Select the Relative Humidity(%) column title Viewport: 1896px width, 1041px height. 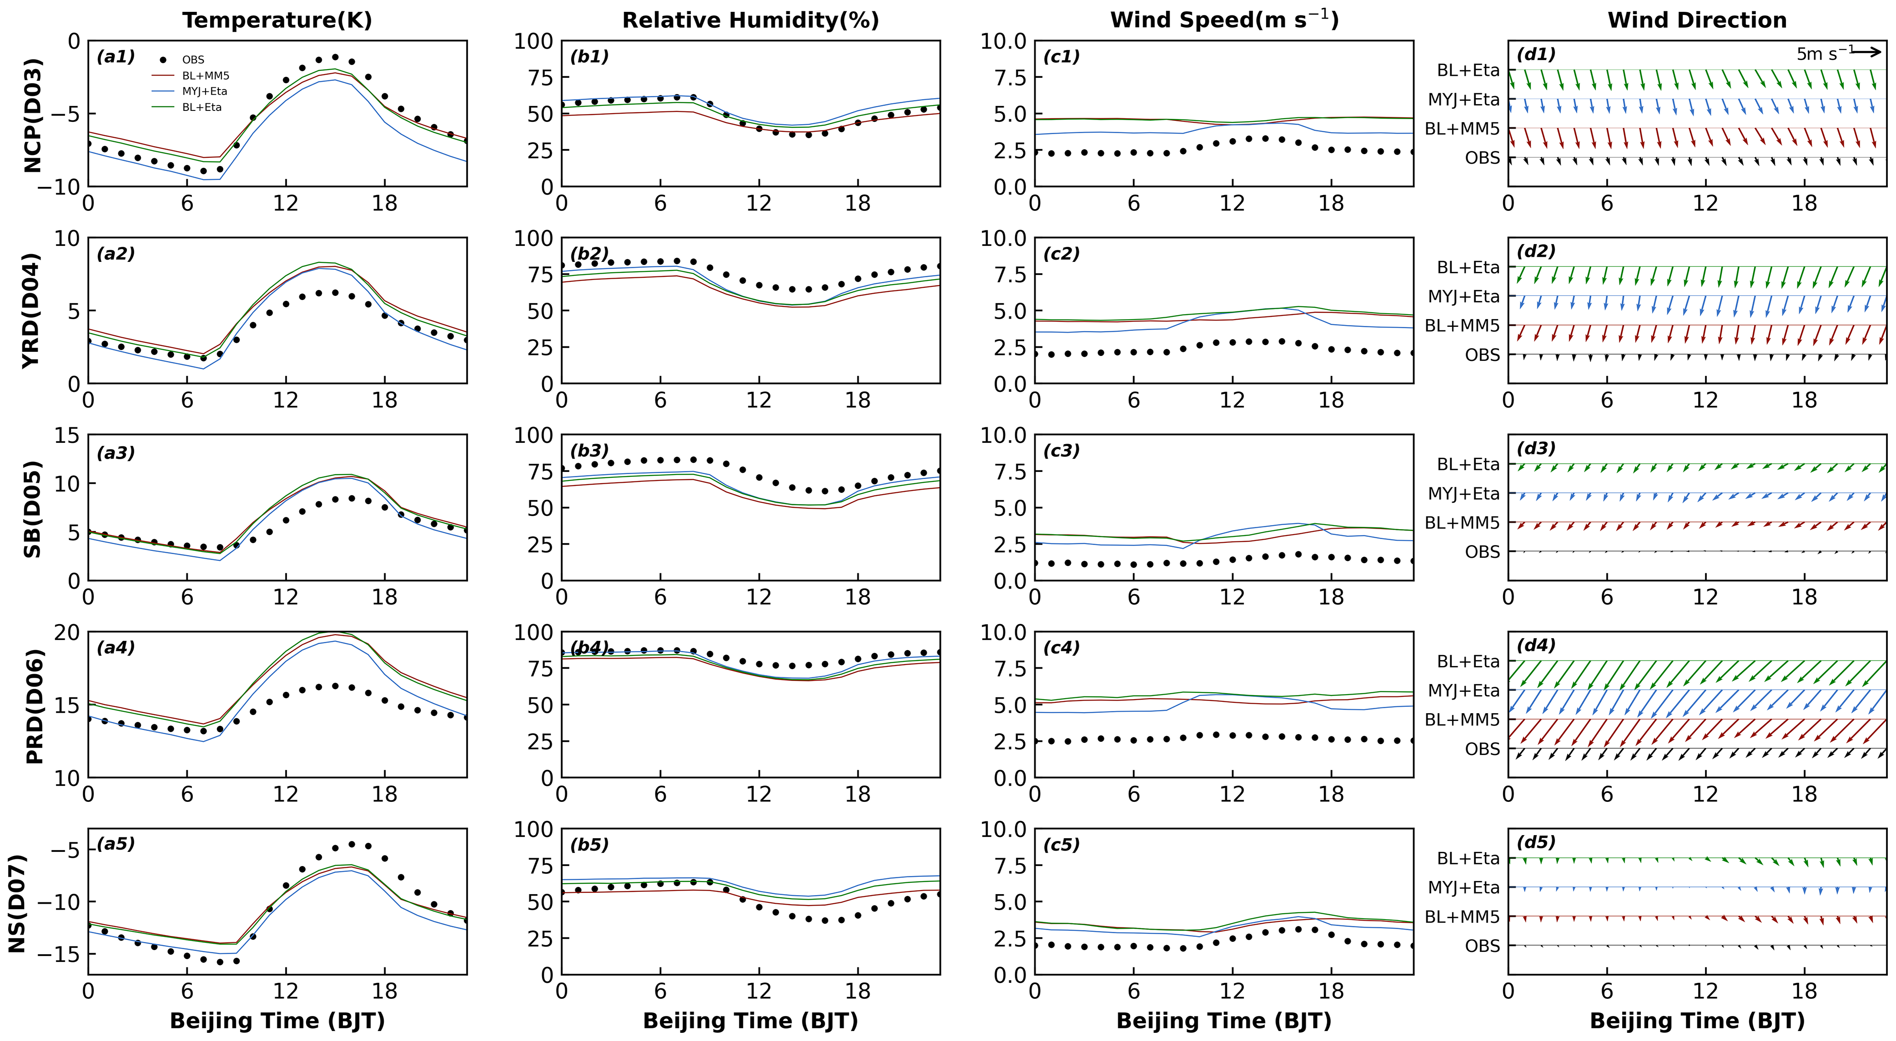pyautogui.click(x=750, y=20)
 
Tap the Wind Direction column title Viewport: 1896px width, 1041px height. pyautogui.click(x=1697, y=20)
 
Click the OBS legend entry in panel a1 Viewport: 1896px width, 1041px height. pyautogui.click(x=193, y=60)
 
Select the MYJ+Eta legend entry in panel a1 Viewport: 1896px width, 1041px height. pyautogui.click(x=205, y=91)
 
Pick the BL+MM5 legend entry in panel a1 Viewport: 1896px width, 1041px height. pyautogui.click(x=205, y=76)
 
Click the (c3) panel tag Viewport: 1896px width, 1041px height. pyautogui.click(x=1061, y=451)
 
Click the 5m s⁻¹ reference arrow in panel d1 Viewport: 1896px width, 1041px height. pyautogui.click(x=1866, y=51)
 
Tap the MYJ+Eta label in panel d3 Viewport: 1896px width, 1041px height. pyautogui.click(x=1463, y=494)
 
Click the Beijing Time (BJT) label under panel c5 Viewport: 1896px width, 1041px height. pyautogui.click(x=1223, y=1021)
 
